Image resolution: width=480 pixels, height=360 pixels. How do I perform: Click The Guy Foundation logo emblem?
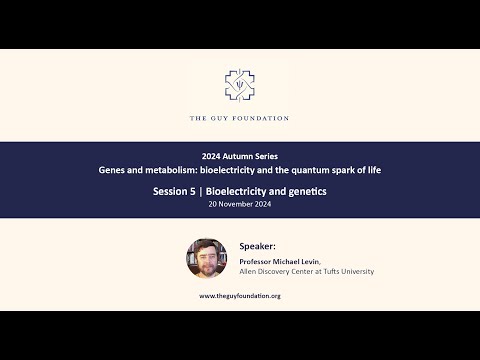239,89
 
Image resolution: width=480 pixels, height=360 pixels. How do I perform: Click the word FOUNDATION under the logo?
261,118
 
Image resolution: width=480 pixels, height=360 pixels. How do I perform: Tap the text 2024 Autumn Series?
240,157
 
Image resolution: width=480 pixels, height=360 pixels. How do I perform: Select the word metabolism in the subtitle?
175,170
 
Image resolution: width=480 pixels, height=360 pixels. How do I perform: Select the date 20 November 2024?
240,203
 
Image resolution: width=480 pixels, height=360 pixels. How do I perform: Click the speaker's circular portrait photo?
207,257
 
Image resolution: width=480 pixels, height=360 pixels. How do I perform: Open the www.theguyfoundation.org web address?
240,296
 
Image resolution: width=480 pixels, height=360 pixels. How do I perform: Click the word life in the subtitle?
373,170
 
